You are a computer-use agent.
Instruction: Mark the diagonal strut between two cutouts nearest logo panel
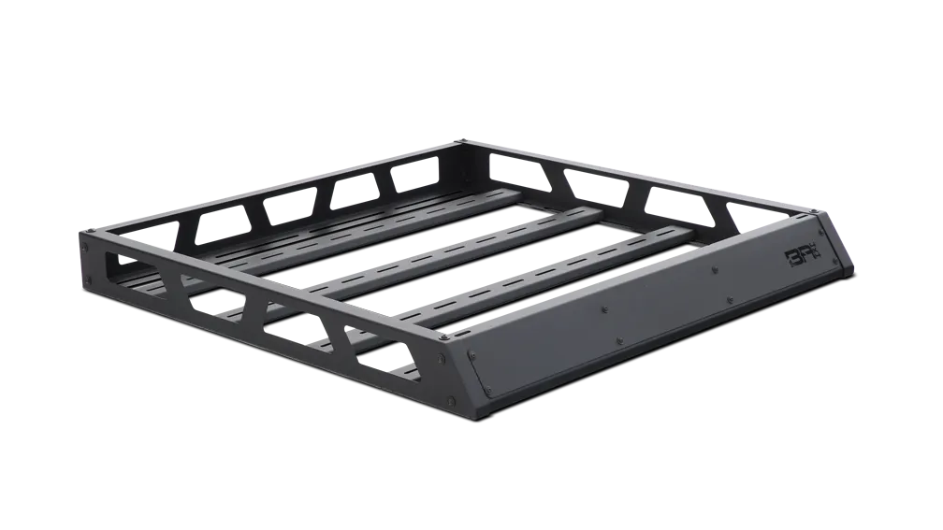pos(341,337)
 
